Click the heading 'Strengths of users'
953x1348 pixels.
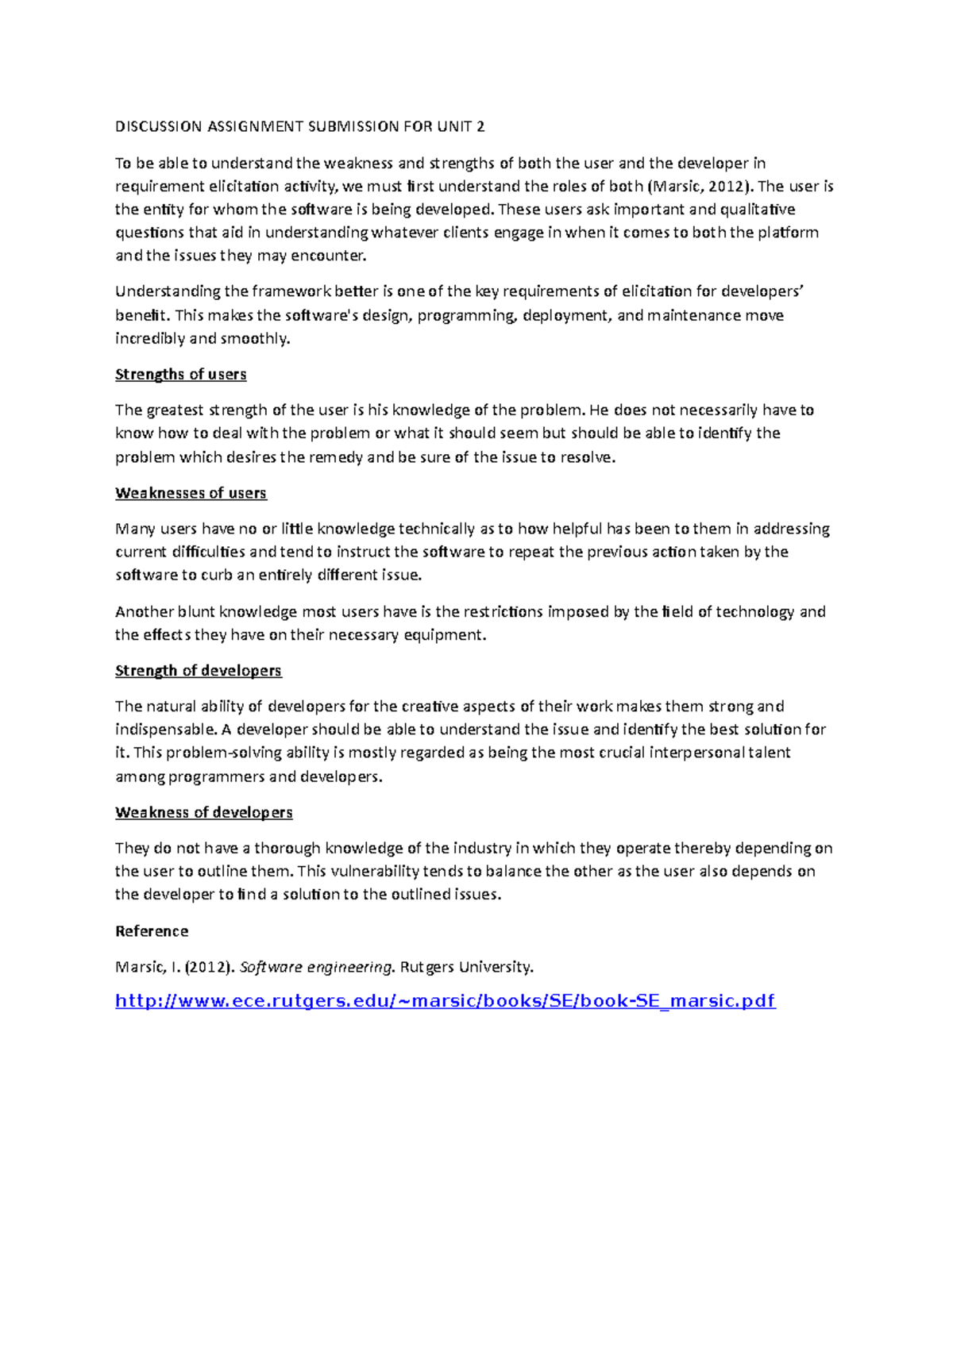[180, 374]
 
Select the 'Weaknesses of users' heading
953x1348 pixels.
[191, 493]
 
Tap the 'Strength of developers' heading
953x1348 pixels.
[198, 671]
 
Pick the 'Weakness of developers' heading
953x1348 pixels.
[203, 812]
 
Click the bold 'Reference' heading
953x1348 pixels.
[152, 931]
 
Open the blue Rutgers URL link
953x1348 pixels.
[445, 1000]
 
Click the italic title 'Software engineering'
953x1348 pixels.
[315, 967]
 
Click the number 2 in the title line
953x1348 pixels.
[480, 126]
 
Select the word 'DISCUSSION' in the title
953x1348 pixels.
[159, 126]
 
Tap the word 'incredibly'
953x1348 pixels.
[150, 338]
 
